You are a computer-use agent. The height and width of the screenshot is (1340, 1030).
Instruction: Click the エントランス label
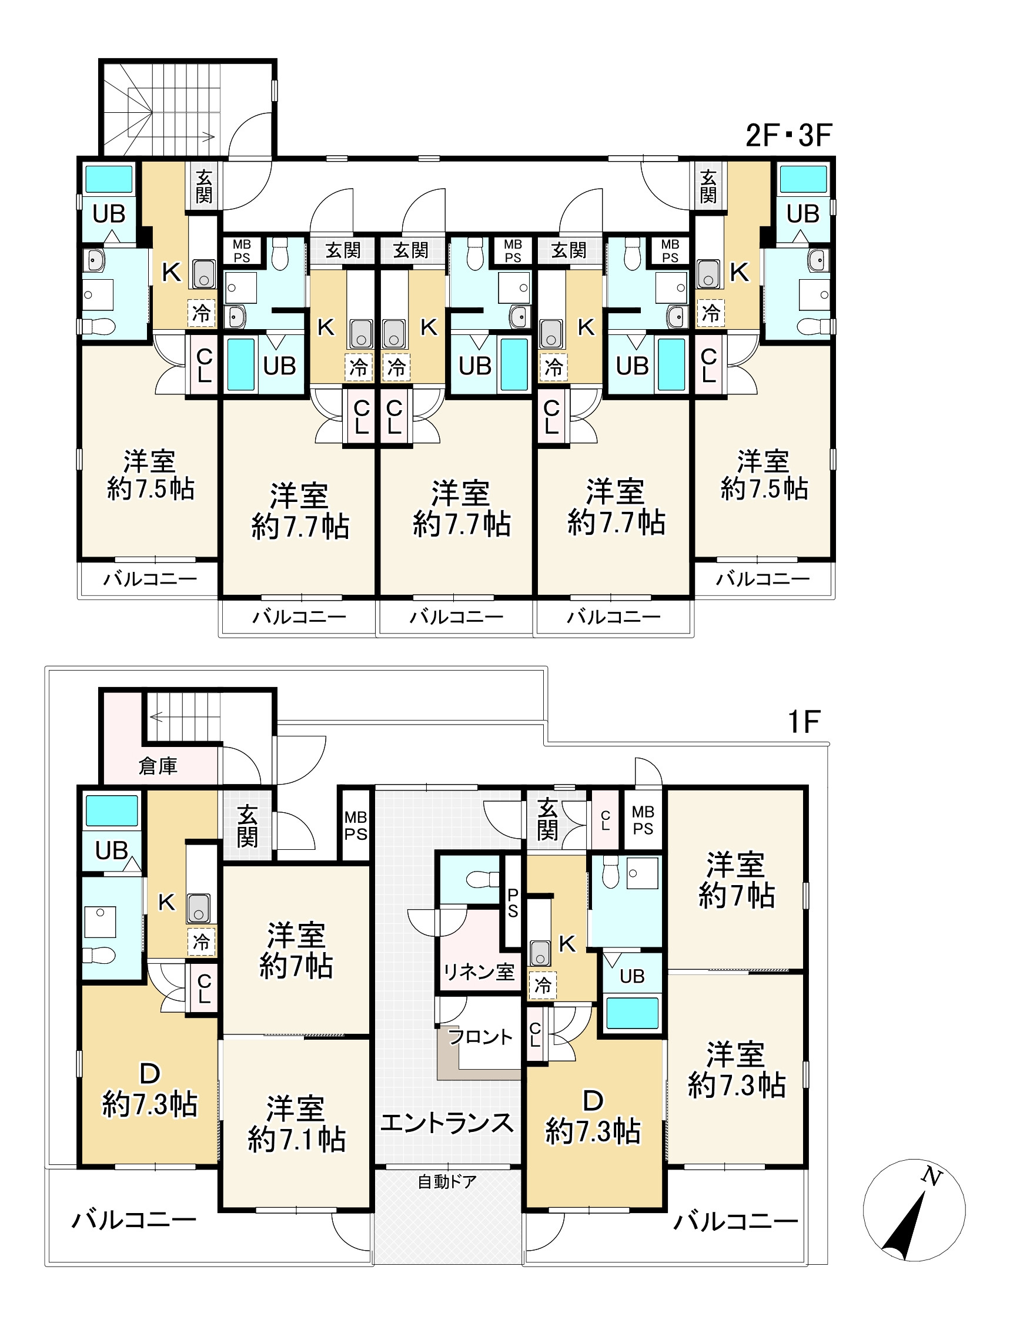(447, 1123)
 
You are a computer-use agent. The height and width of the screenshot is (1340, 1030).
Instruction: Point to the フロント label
(480, 1037)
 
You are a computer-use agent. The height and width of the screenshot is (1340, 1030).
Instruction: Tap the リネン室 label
(479, 972)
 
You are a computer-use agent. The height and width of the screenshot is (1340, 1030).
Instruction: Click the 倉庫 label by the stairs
(158, 766)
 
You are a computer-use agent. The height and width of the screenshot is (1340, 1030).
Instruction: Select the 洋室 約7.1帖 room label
(296, 1124)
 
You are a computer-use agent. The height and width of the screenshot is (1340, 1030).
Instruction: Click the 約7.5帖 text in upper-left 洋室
(151, 489)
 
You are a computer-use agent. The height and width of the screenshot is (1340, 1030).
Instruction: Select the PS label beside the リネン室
(513, 904)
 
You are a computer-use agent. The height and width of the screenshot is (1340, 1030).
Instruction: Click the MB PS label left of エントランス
(356, 825)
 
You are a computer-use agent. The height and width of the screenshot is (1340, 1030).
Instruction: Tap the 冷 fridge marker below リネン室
(542, 986)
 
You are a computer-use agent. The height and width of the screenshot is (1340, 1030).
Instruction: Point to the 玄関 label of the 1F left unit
(247, 826)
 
